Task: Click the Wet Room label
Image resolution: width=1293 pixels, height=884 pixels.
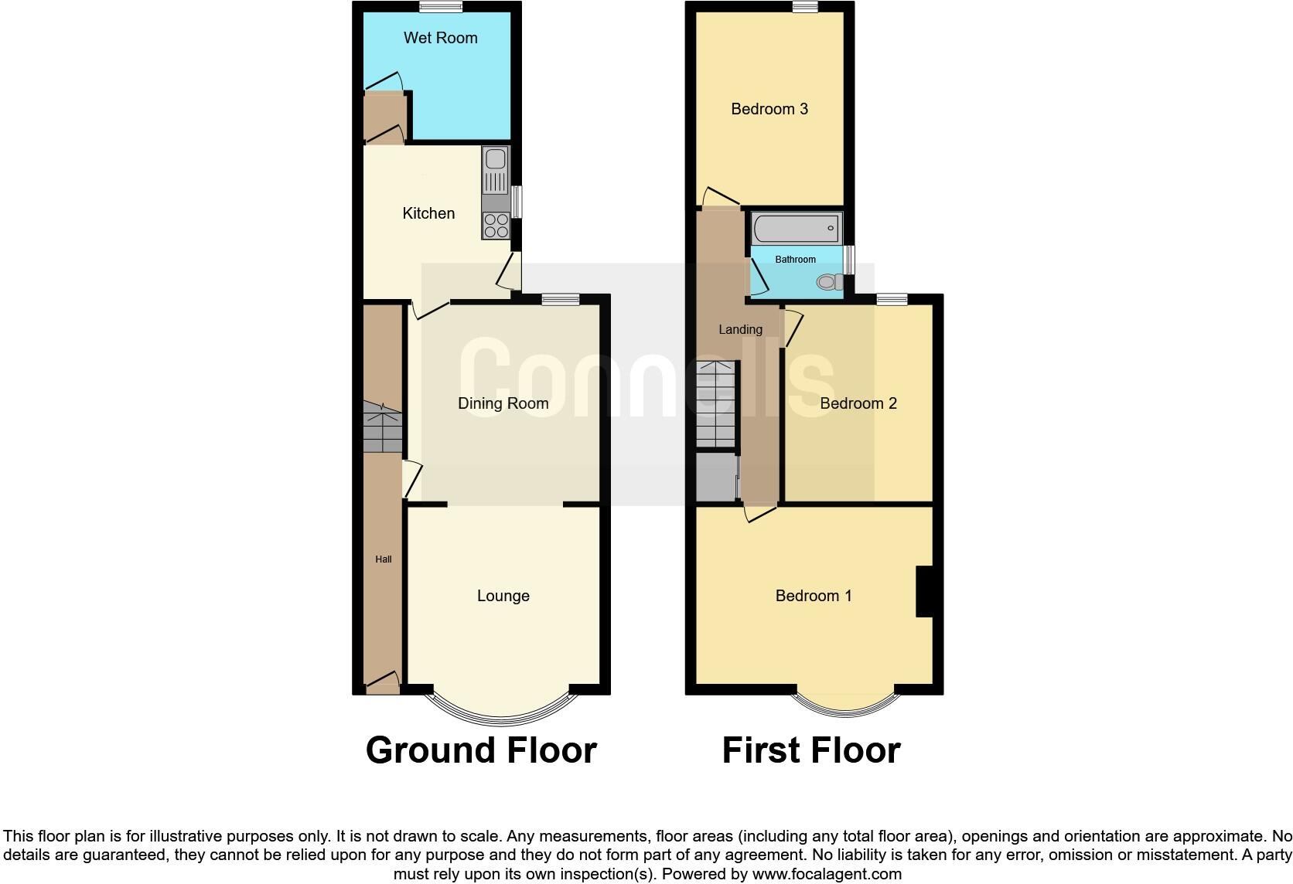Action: coord(440,38)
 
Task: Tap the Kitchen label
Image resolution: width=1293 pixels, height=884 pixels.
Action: coord(428,213)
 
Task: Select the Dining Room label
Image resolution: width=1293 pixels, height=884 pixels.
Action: coord(503,403)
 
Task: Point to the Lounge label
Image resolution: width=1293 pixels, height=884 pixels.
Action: coord(503,596)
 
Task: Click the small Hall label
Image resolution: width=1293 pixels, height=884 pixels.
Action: coord(384,559)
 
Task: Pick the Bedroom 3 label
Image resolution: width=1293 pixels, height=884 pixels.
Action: coord(769,109)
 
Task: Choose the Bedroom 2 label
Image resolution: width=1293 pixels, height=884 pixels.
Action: coord(858,403)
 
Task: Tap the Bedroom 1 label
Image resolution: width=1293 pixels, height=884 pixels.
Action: coord(814,596)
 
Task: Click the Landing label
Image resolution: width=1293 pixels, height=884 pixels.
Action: coord(740,330)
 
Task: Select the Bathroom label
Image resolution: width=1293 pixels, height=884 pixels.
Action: coord(795,260)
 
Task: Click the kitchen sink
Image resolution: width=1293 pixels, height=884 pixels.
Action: coord(495,161)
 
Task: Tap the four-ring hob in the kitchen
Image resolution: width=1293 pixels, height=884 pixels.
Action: coord(496,226)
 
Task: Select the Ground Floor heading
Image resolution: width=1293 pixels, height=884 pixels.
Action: coord(481,750)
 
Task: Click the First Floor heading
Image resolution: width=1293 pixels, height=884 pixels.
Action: coord(811,750)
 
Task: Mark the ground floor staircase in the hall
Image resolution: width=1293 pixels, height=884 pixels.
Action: coord(383,427)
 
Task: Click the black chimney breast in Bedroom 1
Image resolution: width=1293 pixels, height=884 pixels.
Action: coord(924,592)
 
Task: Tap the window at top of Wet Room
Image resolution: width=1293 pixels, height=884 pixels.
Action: coord(441,7)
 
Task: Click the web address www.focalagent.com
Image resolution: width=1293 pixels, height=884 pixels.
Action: coord(827,875)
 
